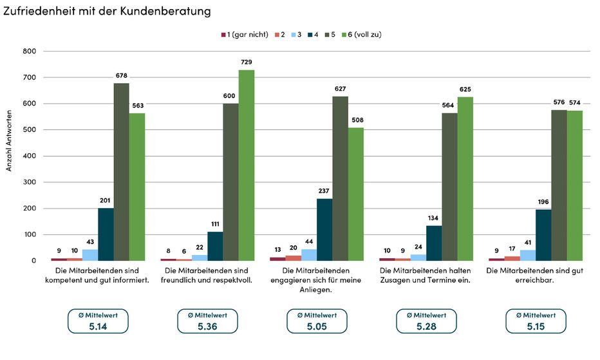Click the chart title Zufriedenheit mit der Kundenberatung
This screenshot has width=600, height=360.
point(107,11)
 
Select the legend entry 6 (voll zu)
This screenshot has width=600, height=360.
point(362,35)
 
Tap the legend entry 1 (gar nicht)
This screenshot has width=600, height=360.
point(245,35)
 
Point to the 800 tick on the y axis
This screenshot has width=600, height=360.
point(30,51)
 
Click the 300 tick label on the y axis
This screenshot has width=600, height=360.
point(30,182)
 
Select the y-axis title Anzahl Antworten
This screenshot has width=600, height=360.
point(9,141)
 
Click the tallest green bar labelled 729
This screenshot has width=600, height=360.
point(247,166)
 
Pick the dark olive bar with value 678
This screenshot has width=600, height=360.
point(121,172)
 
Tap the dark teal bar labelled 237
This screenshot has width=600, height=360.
point(324,230)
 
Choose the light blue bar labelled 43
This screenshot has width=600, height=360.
point(90,255)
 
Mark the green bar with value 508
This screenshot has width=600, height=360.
point(356,194)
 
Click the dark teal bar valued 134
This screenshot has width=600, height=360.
point(434,243)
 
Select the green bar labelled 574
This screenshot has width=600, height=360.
point(575,185)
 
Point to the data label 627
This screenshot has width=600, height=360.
point(340,89)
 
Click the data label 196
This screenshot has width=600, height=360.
point(543,202)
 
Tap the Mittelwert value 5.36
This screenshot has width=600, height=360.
point(207,327)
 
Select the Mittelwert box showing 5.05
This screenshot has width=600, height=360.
point(317,321)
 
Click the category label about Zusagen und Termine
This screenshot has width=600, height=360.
point(425,276)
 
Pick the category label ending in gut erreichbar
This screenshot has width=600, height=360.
point(534,276)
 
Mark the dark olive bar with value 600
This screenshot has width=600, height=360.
point(230,182)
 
